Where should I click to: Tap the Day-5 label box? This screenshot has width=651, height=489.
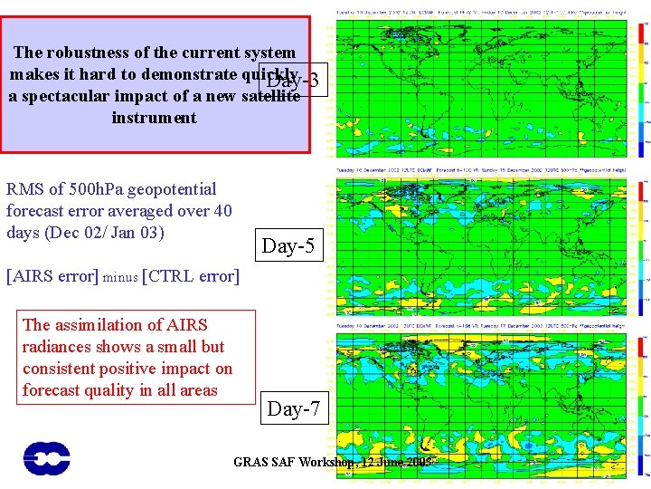point(288,245)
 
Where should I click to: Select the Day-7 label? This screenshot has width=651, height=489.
point(294,409)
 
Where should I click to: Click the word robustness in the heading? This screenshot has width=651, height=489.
point(94,53)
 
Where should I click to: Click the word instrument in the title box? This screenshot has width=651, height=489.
point(154,118)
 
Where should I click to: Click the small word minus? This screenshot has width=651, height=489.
point(121,277)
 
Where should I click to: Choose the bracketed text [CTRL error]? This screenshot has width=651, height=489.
point(191,275)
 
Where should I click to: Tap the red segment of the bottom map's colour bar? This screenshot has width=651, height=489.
point(643,346)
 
